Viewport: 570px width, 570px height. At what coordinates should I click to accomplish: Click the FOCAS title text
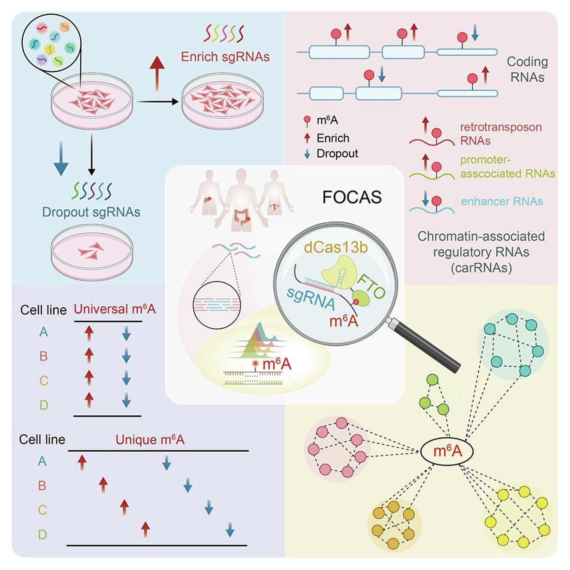[x=351, y=197]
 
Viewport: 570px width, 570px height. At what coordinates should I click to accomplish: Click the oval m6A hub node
[x=447, y=450]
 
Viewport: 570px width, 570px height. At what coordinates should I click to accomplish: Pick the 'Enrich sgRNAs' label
[x=225, y=57]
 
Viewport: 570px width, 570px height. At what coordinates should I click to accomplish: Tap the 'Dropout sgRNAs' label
[x=91, y=211]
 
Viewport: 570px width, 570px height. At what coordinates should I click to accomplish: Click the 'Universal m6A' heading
[x=114, y=310]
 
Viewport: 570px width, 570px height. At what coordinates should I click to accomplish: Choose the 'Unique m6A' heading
[x=150, y=440]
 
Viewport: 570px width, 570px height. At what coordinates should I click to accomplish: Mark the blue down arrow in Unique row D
[x=230, y=529]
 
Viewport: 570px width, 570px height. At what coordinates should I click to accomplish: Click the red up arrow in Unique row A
[x=82, y=461]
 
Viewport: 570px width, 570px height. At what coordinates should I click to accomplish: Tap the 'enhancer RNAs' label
[x=502, y=201]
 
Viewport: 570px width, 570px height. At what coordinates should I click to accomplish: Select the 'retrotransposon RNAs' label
[x=500, y=134]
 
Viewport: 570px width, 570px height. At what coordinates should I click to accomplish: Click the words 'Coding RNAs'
[x=527, y=69]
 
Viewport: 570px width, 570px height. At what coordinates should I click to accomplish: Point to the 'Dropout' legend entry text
[x=337, y=153]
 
